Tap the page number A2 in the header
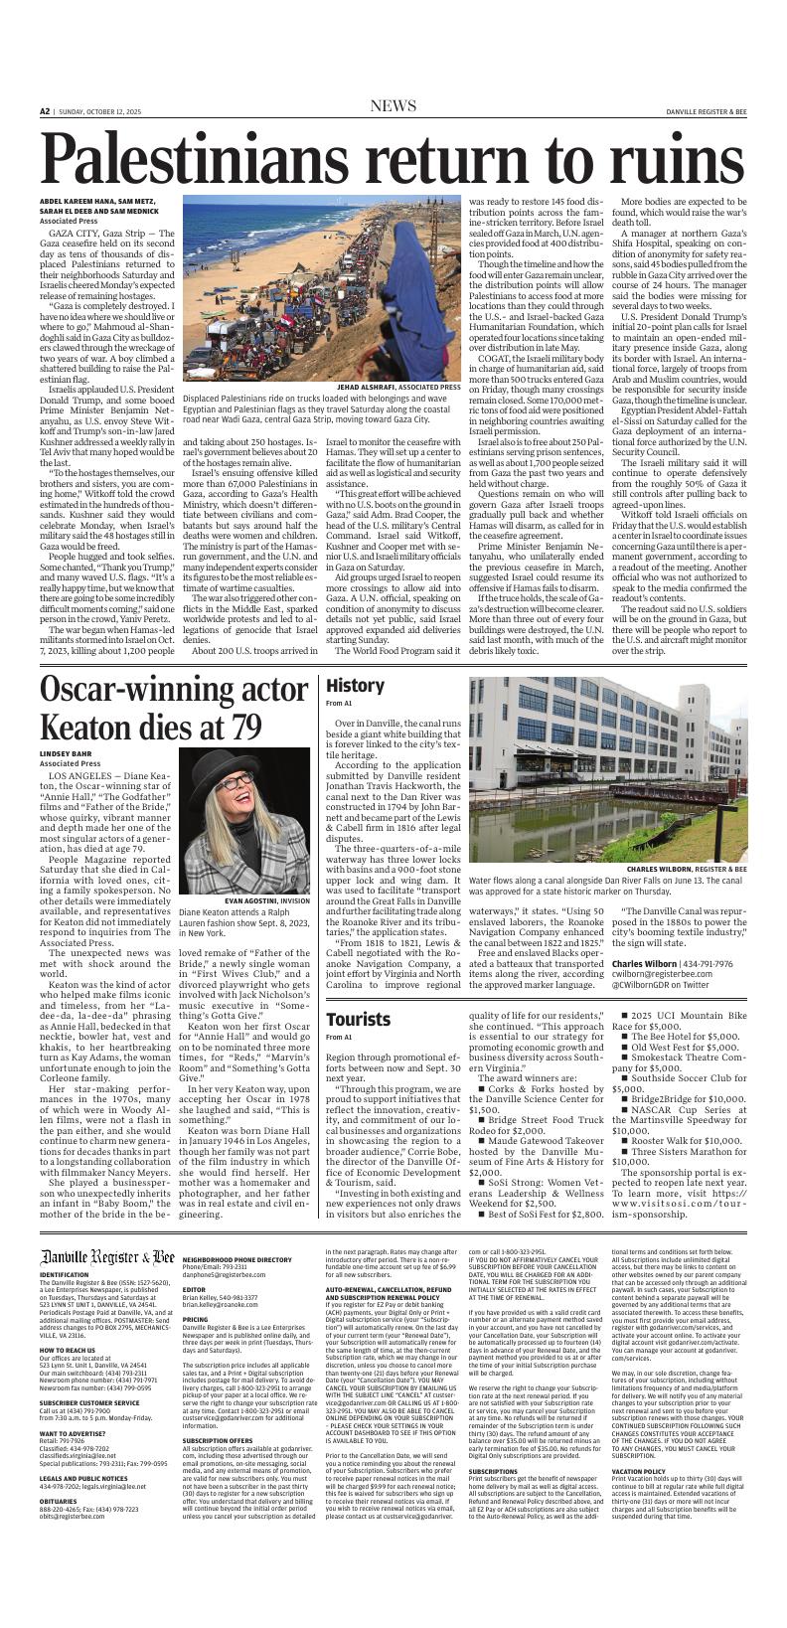pos(45,111)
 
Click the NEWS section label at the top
pos(393,105)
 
